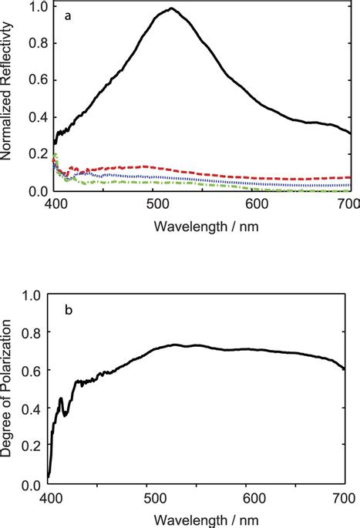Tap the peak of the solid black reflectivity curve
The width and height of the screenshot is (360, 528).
[171, 8]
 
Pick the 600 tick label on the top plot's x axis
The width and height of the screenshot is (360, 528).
[255, 204]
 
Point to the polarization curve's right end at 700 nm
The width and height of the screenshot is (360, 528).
[344, 369]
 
